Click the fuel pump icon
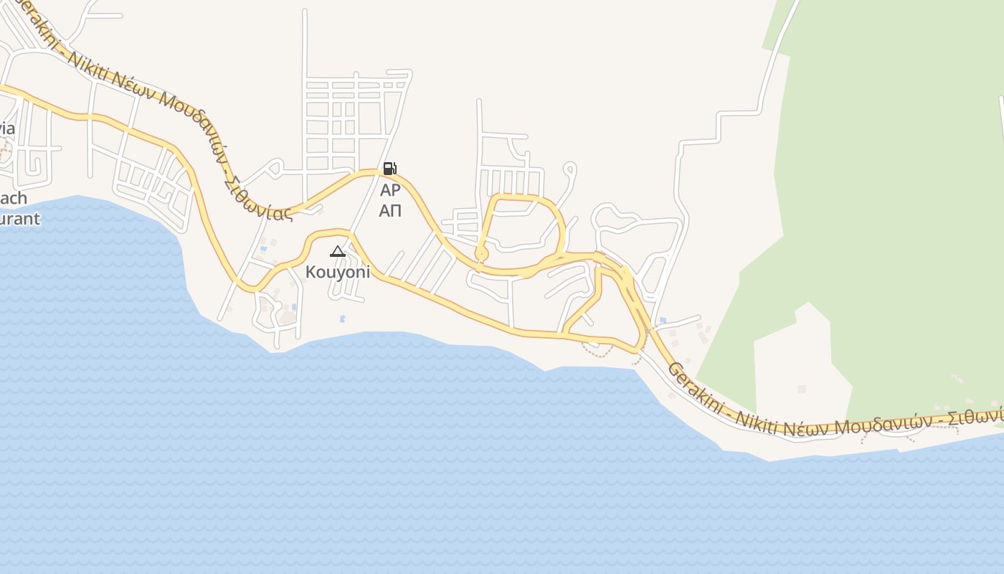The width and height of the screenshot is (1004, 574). tap(389, 169)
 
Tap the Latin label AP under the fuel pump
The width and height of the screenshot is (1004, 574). tap(390, 190)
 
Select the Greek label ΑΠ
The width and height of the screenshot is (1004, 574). tap(390, 210)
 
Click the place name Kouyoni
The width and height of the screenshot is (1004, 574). tap(338, 272)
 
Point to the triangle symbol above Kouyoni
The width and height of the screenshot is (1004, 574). tap(338, 251)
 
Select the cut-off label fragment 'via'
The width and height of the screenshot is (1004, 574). tap(7, 129)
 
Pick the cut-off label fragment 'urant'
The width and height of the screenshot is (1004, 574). tap(19, 219)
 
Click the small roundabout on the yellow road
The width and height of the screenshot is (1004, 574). tap(481, 253)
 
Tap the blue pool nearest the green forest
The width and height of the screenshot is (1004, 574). tap(662, 320)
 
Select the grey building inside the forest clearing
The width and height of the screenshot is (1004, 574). tap(802, 389)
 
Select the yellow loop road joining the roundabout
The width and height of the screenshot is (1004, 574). tap(527, 197)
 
